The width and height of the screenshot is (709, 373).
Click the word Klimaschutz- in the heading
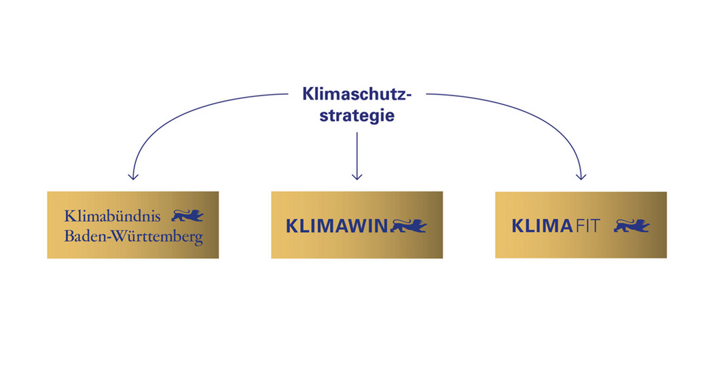(x=357, y=94)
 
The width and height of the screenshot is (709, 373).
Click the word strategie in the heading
(x=357, y=115)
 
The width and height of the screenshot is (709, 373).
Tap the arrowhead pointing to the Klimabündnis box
(x=133, y=176)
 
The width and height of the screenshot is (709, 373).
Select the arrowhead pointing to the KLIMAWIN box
(x=357, y=176)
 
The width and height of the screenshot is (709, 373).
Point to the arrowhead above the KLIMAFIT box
(x=581, y=176)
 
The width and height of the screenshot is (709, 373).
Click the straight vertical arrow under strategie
(x=357, y=156)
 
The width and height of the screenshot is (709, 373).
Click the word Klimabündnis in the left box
(x=112, y=216)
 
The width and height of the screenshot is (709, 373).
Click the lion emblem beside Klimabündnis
(x=187, y=216)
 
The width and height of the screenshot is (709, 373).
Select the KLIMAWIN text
(x=336, y=226)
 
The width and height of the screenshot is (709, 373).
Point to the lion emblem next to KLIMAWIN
(x=408, y=226)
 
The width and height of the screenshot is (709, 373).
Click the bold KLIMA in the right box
(x=542, y=226)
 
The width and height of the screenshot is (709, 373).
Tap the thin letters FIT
(x=587, y=226)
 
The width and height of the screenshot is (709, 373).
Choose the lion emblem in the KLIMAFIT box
(x=632, y=226)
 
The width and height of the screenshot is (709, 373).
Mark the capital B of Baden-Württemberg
(x=69, y=236)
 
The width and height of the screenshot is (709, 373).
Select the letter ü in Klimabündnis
(x=122, y=216)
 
